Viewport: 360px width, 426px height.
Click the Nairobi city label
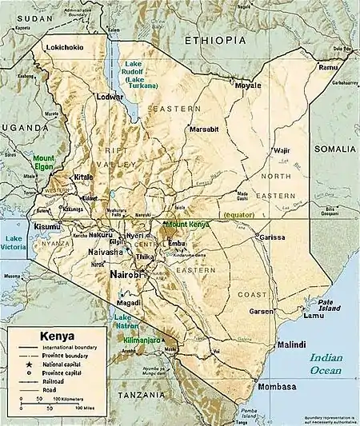pyautogui.click(x=129, y=274)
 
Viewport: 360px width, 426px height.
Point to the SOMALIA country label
pyautogui.click(x=335, y=149)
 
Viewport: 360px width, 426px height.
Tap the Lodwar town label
pyautogui.click(x=111, y=96)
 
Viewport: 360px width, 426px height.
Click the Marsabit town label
pyautogui.click(x=203, y=129)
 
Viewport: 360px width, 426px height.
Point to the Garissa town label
pyautogui.click(x=273, y=237)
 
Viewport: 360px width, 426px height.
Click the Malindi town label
pyautogui.click(x=290, y=344)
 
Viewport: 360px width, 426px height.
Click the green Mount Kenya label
pyautogui.click(x=187, y=225)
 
